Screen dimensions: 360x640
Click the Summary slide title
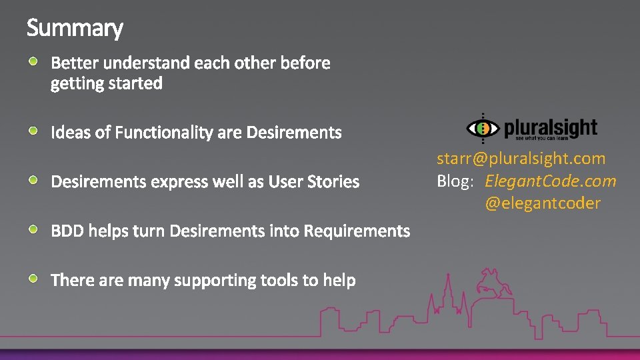click(x=75, y=28)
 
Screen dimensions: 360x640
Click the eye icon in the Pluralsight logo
click(x=483, y=128)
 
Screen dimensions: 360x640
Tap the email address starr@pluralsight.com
click(x=521, y=159)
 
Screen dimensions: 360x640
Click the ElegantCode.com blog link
click(x=550, y=181)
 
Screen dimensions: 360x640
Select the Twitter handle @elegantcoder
click(x=542, y=203)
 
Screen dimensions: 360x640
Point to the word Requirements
click(x=357, y=231)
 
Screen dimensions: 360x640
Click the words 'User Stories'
click(x=313, y=181)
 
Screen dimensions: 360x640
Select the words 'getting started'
click(x=107, y=83)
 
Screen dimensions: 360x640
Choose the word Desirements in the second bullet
click(x=293, y=133)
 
